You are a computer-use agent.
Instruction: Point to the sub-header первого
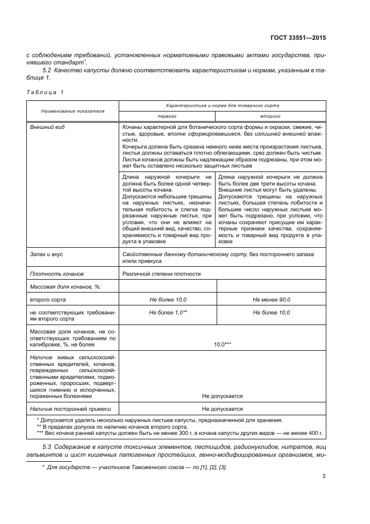point(167,115)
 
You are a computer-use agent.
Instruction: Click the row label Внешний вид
point(47,127)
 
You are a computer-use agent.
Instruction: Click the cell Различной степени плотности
point(161,273)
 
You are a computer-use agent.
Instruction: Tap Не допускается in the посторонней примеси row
point(222,409)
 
